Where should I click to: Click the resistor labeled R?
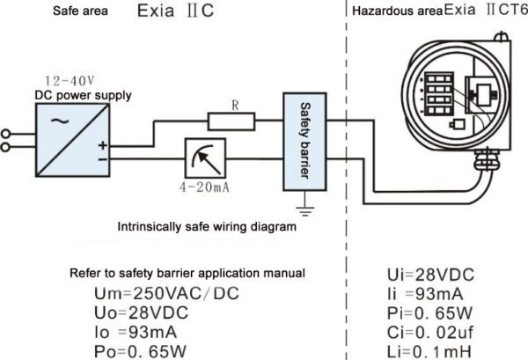point(231,121)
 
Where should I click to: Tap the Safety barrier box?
point(304,142)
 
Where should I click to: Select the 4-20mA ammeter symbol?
point(205,158)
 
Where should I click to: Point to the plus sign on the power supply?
point(103,145)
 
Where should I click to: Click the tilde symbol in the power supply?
point(60,121)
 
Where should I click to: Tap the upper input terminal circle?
point(5,134)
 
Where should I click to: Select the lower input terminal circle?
point(5,147)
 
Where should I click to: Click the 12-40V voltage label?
point(70,81)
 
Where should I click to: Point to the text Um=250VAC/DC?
point(166,293)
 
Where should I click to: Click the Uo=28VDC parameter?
point(141,312)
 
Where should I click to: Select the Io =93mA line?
point(136,333)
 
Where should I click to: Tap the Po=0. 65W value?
point(140,351)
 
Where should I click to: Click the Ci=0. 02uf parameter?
point(430,333)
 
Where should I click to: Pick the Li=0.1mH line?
point(429,352)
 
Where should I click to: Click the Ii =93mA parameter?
point(425,294)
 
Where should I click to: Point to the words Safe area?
point(80,11)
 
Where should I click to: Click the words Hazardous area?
point(398,11)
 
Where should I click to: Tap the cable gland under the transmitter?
point(486,160)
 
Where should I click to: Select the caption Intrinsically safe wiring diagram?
point(207,226)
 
